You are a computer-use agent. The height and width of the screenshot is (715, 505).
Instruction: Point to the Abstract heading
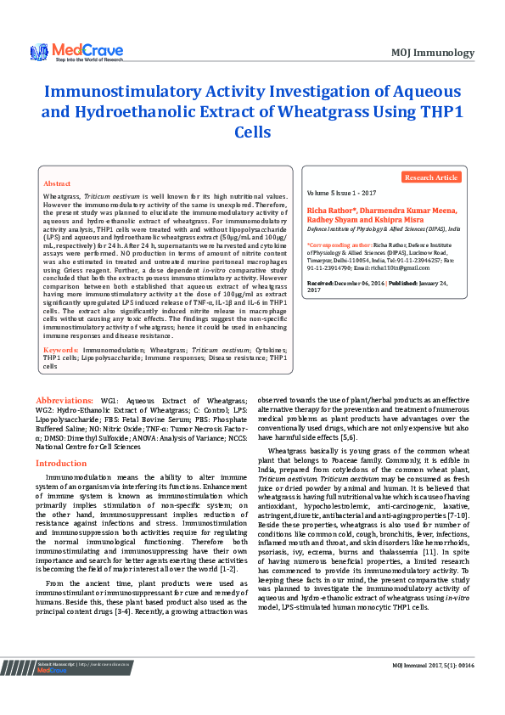[x=57, y=183]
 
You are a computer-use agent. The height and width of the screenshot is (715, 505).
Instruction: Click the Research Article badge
[x=430, y=177]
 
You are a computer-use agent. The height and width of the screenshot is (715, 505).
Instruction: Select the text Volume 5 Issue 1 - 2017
[x=342, y=194]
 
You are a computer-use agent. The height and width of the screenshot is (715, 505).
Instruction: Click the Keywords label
[x=61, y=349]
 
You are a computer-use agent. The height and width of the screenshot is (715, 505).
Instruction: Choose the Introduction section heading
[x=60, y=464]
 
